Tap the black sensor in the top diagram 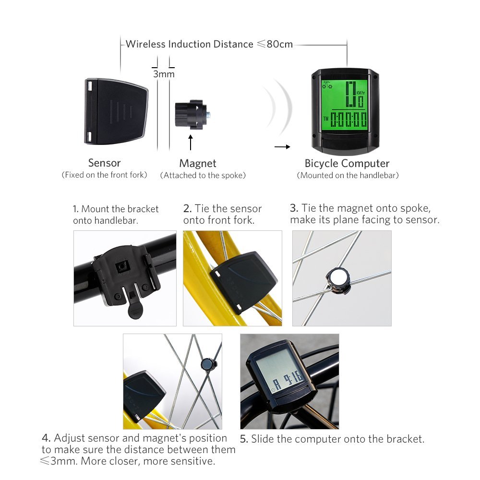(116, 112)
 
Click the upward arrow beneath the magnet (191, 143)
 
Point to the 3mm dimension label (164, 74)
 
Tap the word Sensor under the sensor (104, 163)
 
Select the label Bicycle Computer (347, 164)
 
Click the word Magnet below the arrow (198, 164)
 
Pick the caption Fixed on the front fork (104, 175)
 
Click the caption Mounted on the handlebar (348, 176)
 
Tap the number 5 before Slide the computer (244, 439)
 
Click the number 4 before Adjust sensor (46, 438)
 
